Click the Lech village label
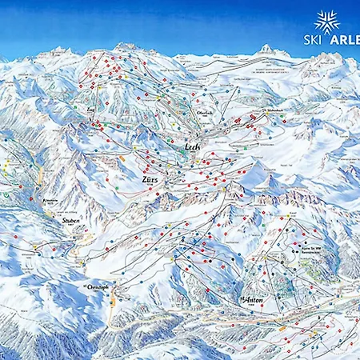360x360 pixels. pos(190,147)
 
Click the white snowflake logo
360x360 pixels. pos(327,22)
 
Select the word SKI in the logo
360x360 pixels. pos(313,39)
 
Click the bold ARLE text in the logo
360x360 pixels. pos(343,39)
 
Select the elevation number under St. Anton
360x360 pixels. pos(253,305)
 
